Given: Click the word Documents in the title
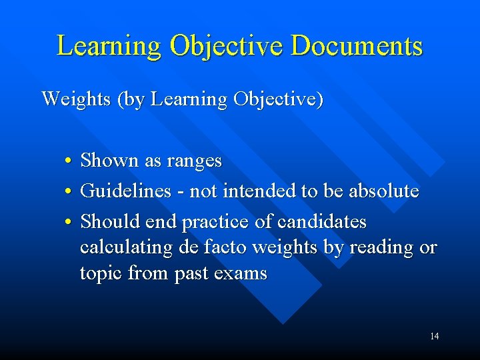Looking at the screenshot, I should pyautogui.click(x=357, y=46).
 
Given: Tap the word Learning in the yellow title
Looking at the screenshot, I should pyautogui.click(x=109, y=46).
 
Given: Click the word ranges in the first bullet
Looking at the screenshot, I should pyautogui.click(x=195, y=161).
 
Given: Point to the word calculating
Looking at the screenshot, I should pyautogui.click(x=127, y=247).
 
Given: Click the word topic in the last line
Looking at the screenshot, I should pyautogui.click(x=101, y=273).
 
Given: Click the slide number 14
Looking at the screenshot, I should pyautogui.click(x=434, y=336).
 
